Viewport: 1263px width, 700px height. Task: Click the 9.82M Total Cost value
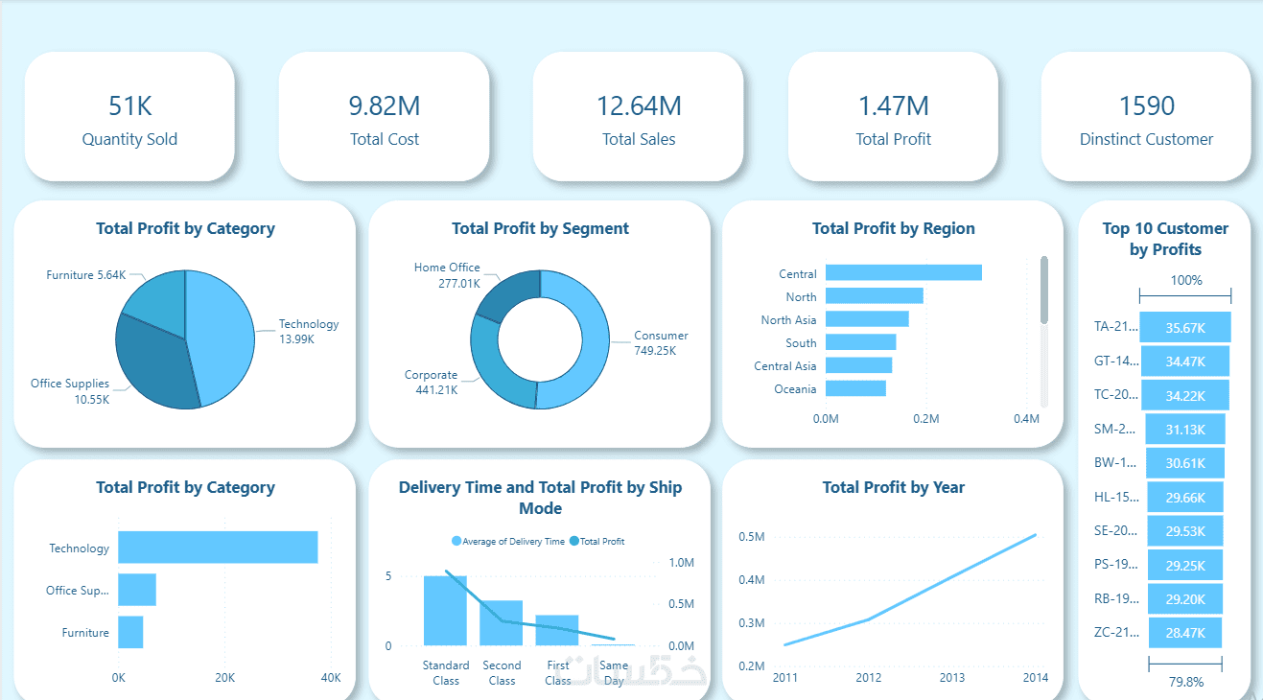click(384, 105)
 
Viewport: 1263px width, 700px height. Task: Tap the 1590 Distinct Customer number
click(1146, 105)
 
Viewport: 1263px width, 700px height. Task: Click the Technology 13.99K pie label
click(308, 332)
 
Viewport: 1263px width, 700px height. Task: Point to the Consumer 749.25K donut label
click(661, 343)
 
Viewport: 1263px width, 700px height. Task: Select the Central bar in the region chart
click(903, 273)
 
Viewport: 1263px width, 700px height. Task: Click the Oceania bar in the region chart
click(855, 388)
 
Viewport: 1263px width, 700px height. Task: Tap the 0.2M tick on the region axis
click(925, 419)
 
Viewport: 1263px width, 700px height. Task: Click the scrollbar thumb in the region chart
click(1044, 289)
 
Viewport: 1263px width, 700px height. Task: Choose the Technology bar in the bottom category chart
click(218, 548)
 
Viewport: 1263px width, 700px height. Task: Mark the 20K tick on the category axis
click(223, 678)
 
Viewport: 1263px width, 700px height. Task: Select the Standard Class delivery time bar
click(445, 610)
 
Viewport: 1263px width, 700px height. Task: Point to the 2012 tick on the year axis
click(868, 678)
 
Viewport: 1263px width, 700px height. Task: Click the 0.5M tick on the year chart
click(751, 537)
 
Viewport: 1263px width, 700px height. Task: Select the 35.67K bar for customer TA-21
click(1184, 327)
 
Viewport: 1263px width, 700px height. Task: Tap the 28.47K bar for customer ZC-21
click(1184, 633)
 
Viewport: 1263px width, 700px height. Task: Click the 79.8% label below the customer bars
click(1185, 682)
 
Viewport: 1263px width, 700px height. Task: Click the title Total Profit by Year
click(893, 487)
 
